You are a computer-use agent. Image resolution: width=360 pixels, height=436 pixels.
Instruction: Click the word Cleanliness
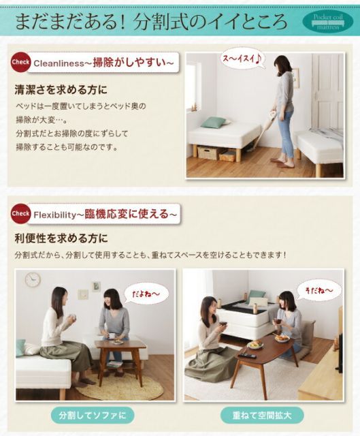(x=58, y=63)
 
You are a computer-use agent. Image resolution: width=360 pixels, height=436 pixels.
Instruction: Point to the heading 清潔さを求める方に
(x=61, y=90)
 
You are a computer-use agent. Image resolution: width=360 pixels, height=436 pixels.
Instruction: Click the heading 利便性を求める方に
(x=61, y=238)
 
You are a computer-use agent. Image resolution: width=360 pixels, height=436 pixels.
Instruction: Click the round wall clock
(x=32, y=279)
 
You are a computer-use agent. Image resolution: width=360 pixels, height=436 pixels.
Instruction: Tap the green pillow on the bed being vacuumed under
(x=214, y=122)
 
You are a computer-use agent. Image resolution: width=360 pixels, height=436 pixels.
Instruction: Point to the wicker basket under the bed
(x=208, y=153)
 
